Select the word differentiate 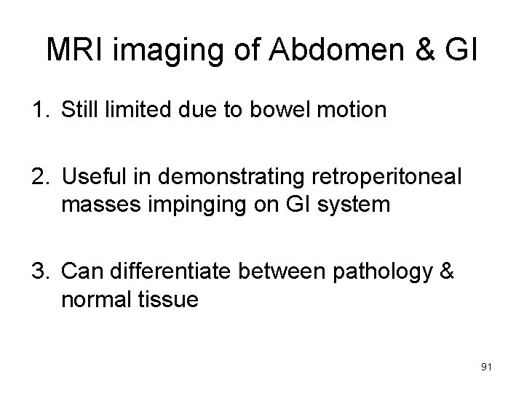[x=169, y=273]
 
